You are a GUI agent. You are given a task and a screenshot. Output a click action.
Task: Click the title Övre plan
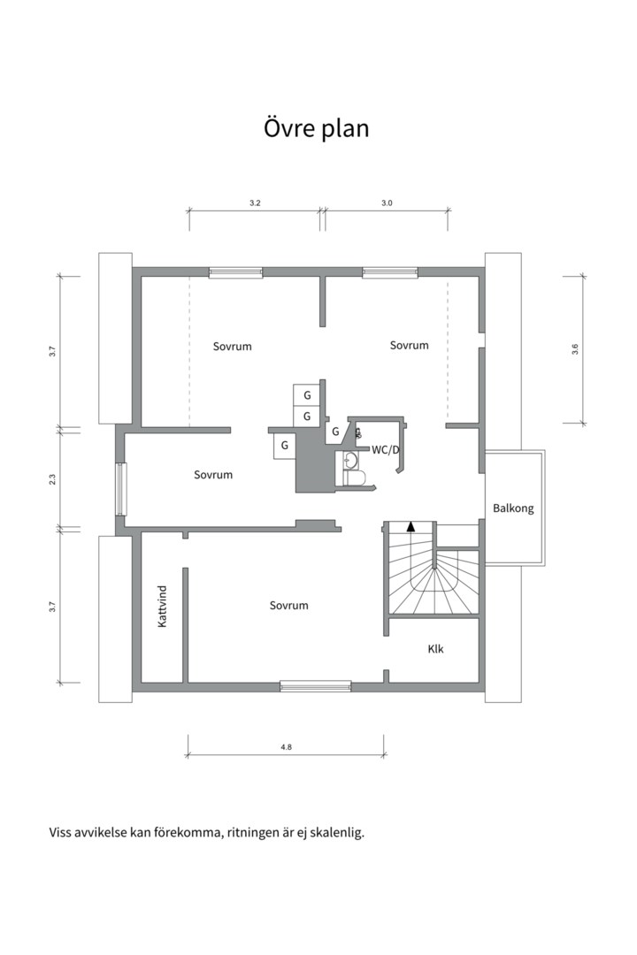317,129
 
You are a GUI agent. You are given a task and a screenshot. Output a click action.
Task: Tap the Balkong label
513,508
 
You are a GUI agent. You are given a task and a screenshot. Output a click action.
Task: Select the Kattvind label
162,607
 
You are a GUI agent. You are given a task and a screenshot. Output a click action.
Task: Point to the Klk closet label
436,649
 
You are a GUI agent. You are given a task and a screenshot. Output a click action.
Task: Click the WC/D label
386,450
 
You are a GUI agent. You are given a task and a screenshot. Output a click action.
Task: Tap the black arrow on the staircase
411,526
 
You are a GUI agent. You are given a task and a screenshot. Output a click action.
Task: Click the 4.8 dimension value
286,746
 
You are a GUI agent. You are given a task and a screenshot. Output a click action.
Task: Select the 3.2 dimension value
255,202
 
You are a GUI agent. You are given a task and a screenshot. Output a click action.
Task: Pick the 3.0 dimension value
387,202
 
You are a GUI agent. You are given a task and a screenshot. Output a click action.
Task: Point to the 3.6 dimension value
575,349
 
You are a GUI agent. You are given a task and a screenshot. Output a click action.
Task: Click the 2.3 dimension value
52,479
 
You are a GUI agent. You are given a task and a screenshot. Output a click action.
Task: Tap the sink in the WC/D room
349,460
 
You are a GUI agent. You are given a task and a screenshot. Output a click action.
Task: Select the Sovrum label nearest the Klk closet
289,606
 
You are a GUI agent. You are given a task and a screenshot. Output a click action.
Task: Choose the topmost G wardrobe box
307,395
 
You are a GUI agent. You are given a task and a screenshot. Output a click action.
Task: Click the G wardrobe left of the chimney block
284,445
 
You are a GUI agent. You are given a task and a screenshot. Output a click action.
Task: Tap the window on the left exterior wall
120,490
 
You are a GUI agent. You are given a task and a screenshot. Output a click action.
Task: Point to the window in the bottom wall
316,686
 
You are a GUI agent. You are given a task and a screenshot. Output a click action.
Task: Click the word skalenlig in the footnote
337,833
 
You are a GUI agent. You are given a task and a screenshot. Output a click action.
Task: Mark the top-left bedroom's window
236,272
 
